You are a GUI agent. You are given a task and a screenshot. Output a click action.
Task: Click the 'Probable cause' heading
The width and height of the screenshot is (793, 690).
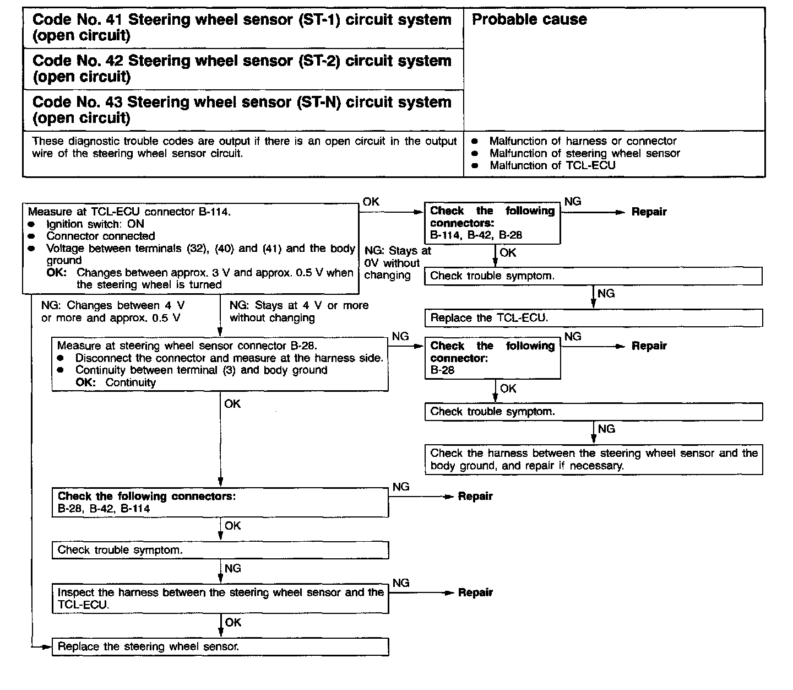[x=529, y=20]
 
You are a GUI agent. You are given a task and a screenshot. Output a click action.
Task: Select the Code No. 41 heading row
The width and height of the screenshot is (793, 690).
[x=242, y=28]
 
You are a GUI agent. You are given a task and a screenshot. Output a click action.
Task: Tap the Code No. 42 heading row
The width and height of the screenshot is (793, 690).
[x=242, y=69]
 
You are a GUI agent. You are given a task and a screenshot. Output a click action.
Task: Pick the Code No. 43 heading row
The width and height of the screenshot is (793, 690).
[x=242, y=110]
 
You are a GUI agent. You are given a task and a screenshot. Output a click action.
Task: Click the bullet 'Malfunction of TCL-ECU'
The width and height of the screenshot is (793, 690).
[x=552, y=165]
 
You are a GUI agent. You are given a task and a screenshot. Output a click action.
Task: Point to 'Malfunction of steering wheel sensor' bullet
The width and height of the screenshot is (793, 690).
[x=584, y=153]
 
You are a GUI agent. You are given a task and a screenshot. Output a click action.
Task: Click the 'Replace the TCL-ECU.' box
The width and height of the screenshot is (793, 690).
[x=593, y=318]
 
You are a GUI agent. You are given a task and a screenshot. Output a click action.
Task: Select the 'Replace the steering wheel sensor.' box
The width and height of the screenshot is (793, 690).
[x=220, y=646]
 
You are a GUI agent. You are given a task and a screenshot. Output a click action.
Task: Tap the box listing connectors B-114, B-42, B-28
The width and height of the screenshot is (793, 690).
[x=492, y=223]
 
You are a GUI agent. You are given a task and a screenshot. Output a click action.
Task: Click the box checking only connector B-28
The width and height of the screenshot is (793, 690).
[x=492, y=358]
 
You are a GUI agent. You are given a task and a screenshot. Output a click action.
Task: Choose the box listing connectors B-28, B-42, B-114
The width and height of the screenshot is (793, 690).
[x=220, y=502]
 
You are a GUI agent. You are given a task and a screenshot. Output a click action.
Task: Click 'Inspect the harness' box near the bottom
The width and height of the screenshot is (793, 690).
[x=220, y=599]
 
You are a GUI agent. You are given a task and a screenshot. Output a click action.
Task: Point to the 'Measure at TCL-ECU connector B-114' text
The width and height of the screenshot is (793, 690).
[x=129, y=212]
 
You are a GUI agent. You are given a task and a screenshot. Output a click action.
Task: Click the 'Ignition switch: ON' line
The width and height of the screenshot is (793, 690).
[x=95, y=224]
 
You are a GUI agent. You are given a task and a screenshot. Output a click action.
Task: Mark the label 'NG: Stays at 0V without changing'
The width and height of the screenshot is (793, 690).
[x=397, y=263]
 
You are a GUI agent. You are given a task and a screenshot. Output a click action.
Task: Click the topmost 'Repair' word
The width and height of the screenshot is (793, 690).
[x=649, y=212]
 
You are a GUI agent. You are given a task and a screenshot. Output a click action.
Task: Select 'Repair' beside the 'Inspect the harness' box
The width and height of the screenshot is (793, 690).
[x=475, y=593]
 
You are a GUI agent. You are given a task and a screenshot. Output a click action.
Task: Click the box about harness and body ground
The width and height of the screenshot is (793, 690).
[x=593, y=460]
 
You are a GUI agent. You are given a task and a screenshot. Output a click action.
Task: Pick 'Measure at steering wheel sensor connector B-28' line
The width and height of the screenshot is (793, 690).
[x=187, y=346]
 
